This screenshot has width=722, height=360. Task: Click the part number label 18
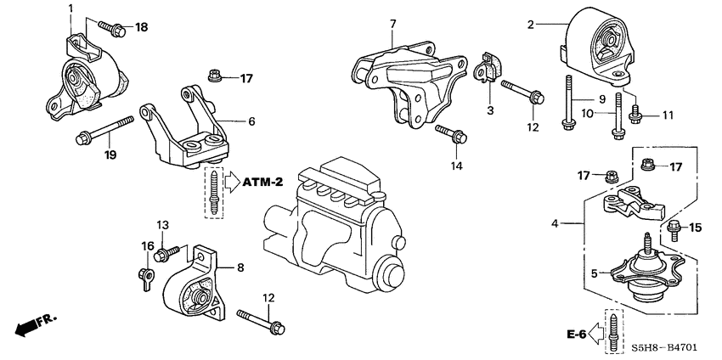141,28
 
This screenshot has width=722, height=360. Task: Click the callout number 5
594,273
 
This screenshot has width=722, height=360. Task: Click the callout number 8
240,267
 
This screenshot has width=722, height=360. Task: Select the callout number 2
531,25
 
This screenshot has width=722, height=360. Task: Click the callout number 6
251,121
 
